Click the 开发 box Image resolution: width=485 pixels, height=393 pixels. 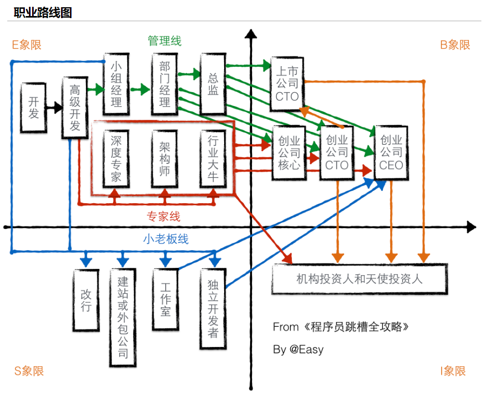[x=34, y=107]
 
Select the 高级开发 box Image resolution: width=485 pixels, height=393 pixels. [x=75, y=108]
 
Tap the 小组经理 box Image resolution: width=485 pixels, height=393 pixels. [x=116, y=84]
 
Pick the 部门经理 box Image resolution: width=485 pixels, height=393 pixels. [x=165, y=84]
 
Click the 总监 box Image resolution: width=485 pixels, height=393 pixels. [x=213, y=84]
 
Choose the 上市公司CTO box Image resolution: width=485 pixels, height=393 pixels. [x=287, y=83]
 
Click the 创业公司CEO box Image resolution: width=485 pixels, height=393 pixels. [x=391, y=153]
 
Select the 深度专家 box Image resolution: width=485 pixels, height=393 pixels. [x=116, y=158]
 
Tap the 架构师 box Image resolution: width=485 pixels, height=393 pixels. [x=165, y=158]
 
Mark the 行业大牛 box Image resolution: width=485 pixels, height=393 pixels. [x=213, y=158]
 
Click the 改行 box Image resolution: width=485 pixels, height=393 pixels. [x=86, y=299]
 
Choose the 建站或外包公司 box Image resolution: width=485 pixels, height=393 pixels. [x=123, y=317]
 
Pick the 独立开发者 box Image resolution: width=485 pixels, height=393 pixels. [x=213, y=308]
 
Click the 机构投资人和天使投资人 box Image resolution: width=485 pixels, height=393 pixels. [x=359, y=279]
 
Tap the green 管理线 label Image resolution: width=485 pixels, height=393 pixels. [x=165, y=41]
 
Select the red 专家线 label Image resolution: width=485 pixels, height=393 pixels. [x=164, y=216]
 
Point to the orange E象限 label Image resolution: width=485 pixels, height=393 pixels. [x=27, y=44]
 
